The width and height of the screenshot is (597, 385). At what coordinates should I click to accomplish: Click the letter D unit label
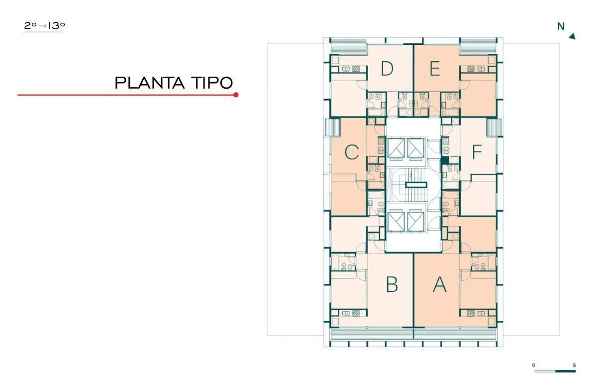[x=387, y=68]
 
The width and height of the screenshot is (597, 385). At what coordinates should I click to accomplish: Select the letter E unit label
[x=435, y=68]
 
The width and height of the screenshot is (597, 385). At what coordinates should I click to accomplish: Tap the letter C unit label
[x=352, y=152]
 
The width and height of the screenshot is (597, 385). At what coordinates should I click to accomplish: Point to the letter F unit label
[x=477, y=152]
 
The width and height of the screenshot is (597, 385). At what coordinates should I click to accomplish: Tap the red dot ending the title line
[x=236, y=95]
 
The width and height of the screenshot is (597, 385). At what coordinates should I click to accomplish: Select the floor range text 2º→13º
[x=44, y=26]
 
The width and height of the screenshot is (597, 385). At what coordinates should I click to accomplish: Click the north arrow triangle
[x=572, y=36]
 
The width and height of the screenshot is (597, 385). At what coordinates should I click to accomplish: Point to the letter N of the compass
[x=561, y=27]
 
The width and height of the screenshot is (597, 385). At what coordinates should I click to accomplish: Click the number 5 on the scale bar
[x=574, y=365]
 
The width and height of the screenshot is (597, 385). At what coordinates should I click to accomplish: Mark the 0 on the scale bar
[x=533, y=365]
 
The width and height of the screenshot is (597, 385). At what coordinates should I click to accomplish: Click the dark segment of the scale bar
[x=565, y=371]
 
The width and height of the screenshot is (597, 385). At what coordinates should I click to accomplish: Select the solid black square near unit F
[x=445, y=160]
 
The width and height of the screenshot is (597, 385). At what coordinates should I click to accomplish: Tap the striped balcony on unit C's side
[x=333, y=128]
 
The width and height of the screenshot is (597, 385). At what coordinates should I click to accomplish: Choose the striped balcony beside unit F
[x=494, y=128]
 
